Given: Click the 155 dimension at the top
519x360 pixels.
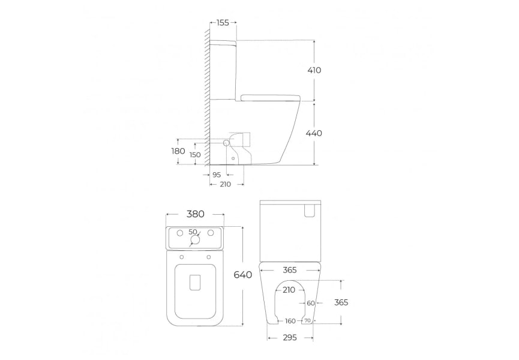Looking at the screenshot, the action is (x=223, y=23).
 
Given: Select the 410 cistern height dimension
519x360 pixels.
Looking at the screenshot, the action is (x=314, y=70).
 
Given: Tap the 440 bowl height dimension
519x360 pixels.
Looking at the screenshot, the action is (x=314, y=133).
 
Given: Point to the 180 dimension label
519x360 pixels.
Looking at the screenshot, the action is (x=178, y=151).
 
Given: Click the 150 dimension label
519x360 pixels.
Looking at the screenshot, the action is (x=195, y=155).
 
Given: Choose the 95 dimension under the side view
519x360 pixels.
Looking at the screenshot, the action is (x=217, y=175).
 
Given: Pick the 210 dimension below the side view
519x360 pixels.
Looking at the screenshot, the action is (x=226, y=184).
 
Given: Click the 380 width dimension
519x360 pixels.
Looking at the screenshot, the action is (x=195, y=214).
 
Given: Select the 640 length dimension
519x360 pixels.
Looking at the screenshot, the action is (x=243, y=275).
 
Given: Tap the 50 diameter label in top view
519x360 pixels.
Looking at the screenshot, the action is (x=193, y=232).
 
